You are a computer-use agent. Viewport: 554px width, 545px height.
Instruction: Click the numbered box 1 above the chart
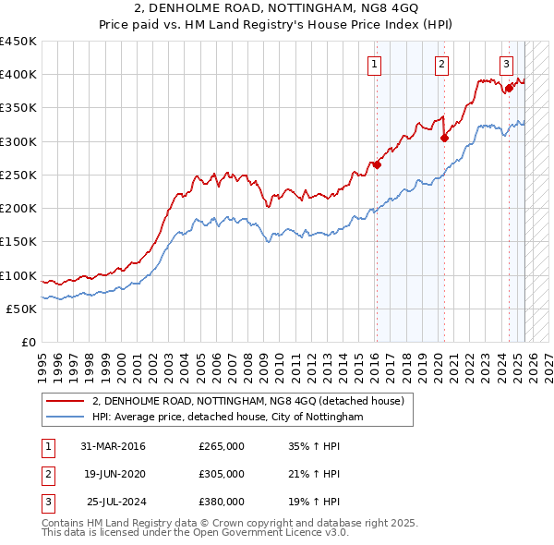[x=375, y=64]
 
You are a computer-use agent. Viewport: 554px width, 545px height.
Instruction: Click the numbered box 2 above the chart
[x=442, y=64]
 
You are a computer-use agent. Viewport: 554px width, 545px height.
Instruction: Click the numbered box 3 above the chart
[x=507, y=64]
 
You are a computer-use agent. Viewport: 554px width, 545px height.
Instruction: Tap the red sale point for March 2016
[x=377, y=165]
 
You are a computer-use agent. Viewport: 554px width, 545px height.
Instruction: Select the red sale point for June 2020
[x=444, y=139]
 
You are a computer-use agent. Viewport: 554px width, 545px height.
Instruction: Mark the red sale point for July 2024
[x=509, y=88]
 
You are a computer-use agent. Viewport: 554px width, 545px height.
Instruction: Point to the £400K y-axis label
[x=18, y=75]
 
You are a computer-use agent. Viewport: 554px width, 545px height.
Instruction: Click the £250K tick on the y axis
[x=18, y=175]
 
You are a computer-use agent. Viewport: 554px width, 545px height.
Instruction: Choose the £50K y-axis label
[x=22, y=309]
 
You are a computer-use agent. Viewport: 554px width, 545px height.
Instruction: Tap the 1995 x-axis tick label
[x=42, y=358]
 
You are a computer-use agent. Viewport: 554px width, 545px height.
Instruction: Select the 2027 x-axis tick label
[x=548, y=358]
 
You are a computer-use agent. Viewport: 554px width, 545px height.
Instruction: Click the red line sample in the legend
[x=65, y=402]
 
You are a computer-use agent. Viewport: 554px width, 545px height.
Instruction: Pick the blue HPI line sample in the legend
[x=65, y=418]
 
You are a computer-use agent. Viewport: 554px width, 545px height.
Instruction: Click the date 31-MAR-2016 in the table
[x=114, y=447]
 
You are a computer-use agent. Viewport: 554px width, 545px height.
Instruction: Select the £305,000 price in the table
[x=222, y=474]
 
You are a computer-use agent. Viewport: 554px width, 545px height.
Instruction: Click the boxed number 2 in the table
[x=47, y=474]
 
